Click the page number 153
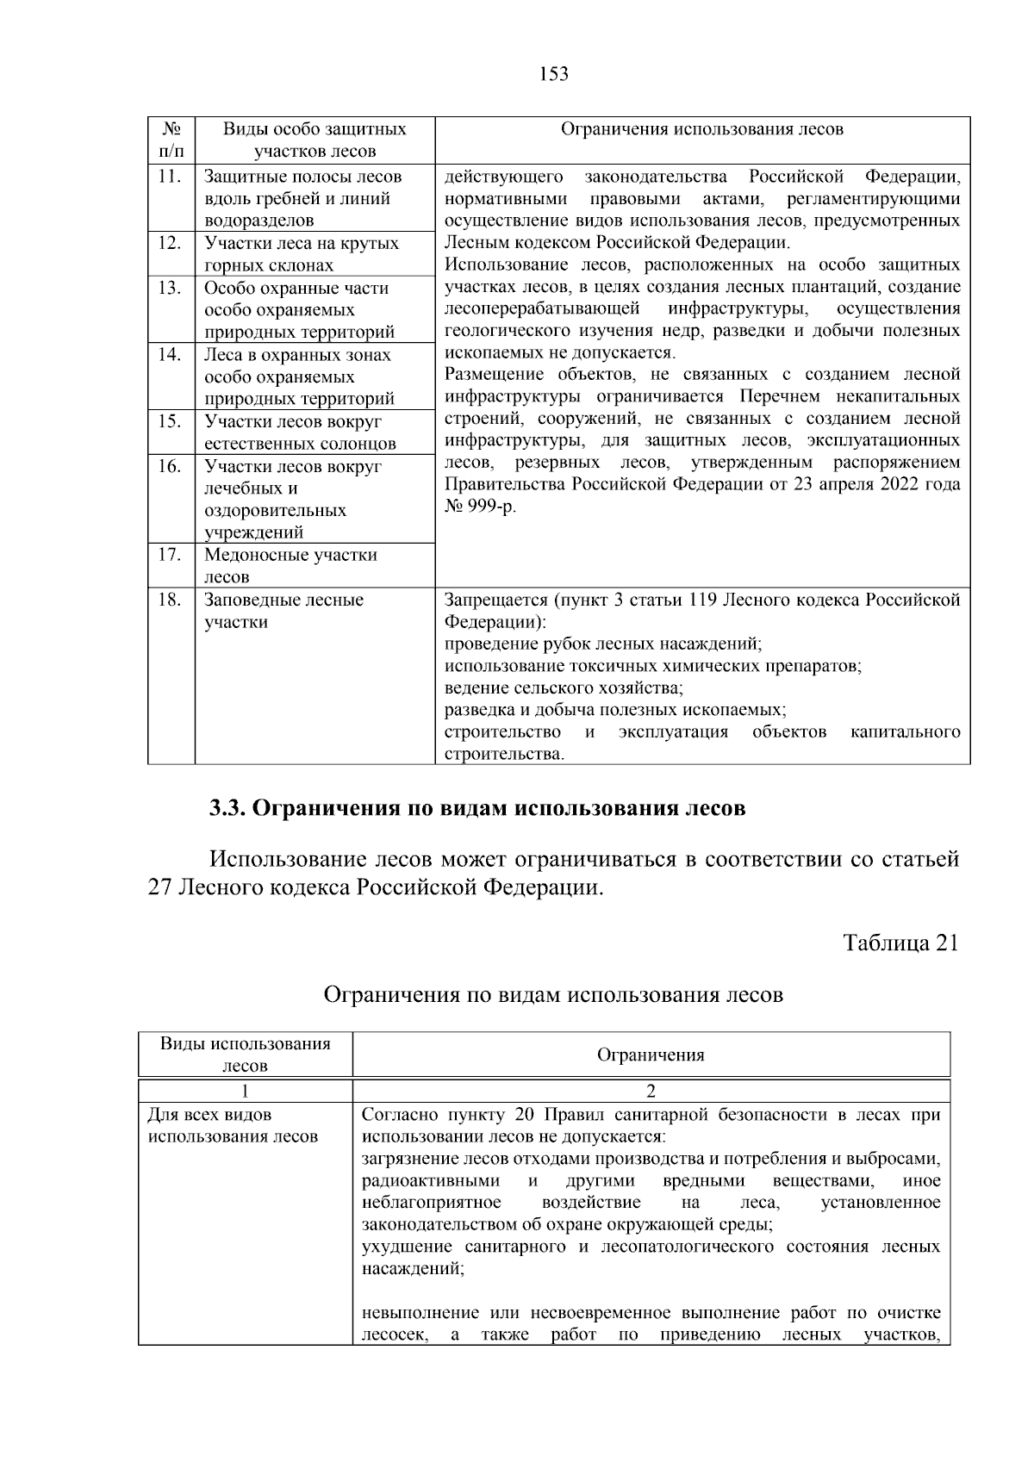[x=554, y=74]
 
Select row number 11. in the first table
[x=171, y=177]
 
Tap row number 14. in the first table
[x=171, y=355]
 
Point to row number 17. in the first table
[x=171, y=555]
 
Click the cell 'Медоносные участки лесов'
[x=290, y=566]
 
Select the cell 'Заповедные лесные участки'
[x=283, y=611]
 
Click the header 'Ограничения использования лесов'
[x=702, y=130]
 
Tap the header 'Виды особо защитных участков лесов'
[x=315, y=140]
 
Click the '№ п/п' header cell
[x=171, y=140]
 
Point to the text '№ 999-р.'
[x=481, y=507]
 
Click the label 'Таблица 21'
[x=900, y=943]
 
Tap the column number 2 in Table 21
[x=651, y=1091]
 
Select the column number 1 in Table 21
[x=245, y=1091]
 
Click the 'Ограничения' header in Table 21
[x=651, y=1055]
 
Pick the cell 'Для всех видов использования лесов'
[x=234, y=1126]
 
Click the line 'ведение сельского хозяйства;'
[x=564, y=688]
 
